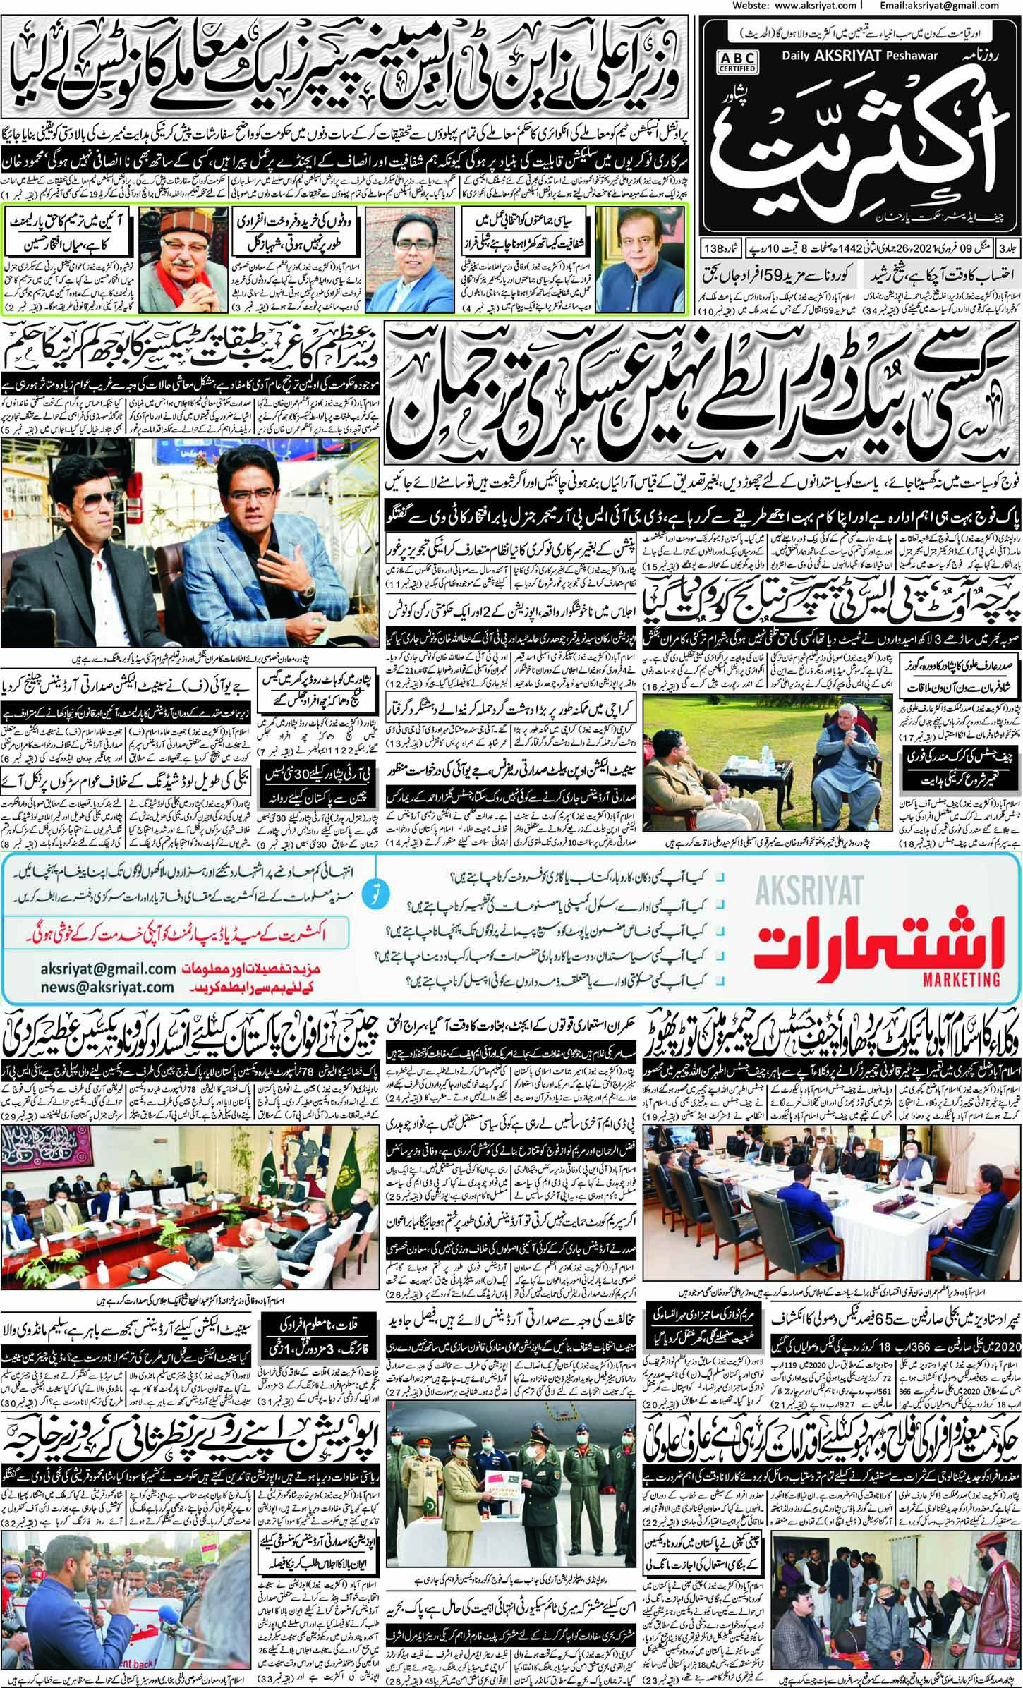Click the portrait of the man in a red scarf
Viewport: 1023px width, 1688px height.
tap(167, 244)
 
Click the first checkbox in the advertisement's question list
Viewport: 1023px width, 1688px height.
tap(718, 879)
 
